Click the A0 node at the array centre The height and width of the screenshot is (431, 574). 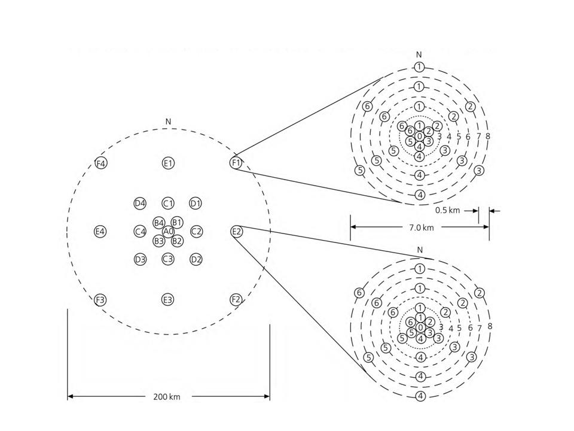point(168,232)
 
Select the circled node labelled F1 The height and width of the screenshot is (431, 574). point(236,162)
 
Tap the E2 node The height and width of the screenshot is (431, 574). point(237,232)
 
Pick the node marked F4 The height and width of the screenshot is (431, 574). point(100,163)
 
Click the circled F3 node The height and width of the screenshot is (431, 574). point(100,300)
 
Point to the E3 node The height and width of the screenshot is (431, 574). point(167,300)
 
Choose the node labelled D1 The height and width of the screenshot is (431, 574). point(196,204)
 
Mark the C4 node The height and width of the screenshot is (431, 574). point(140,232)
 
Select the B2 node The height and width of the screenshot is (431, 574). point(177,241)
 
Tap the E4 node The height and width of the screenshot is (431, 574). point(100,232)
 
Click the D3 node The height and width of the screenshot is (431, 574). point(140,260)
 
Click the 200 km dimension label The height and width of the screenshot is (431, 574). point(167,396)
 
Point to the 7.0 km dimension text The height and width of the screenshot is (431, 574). point(422,227)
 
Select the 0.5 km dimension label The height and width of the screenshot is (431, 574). point(447,210)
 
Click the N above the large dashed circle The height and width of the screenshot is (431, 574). point(169,122)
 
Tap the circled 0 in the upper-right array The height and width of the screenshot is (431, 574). point(420,136)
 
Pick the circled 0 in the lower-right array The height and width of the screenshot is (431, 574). point(420,327)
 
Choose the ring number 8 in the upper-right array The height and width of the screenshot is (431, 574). point(488,136)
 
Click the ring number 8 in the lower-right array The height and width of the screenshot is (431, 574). point(490,326)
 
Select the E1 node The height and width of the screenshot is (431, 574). point(168,163)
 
